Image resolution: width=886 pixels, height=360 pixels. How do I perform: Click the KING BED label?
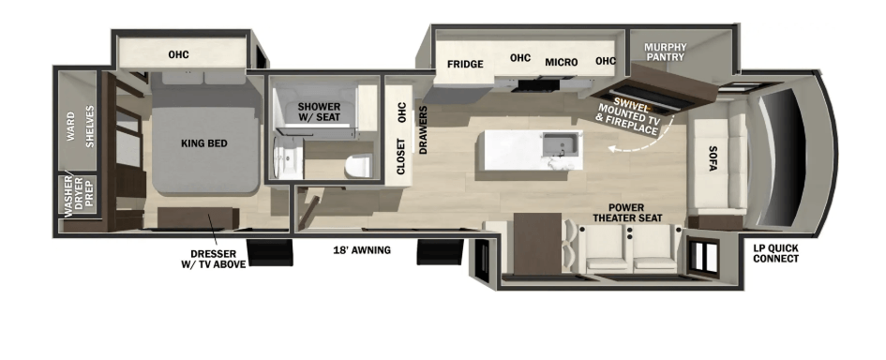click(x=204, y=143)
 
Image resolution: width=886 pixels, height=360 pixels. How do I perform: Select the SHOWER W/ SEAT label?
click(x=320, y=112)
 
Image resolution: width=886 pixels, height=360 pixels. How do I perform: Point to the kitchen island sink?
click(x=562, y=144)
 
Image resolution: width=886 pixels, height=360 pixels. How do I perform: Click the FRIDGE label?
click(x=465, y=64)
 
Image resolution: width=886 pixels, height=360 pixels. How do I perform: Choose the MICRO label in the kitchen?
click(x=561, y=62)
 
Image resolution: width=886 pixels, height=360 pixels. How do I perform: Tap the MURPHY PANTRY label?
click(x=666, y=52)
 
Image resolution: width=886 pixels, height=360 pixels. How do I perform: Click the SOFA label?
click(x=713, y=158)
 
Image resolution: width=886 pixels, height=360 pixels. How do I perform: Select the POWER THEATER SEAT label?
click(x=626, y=213)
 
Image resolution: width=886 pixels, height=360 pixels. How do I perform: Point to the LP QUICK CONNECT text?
click(x=775, y=254)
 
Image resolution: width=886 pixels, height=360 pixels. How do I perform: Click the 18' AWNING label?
click(x=362, y=249)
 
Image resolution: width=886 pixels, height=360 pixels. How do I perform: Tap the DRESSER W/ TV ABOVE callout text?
click(x=213, y=260)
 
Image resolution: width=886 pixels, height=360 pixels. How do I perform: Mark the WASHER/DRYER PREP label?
click(x=79, y=195)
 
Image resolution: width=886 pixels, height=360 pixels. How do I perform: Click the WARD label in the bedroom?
click(x=70, y=126)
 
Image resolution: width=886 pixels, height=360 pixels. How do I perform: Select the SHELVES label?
click(x=89, y=126)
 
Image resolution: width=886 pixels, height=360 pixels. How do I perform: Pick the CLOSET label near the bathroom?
click(x=400, y=157)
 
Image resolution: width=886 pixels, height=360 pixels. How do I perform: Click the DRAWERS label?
click(x=423, y=130)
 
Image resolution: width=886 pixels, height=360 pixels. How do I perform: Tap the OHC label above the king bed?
click(x=178, y=54)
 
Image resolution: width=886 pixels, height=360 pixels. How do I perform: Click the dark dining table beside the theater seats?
click(x=537, y=244)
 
